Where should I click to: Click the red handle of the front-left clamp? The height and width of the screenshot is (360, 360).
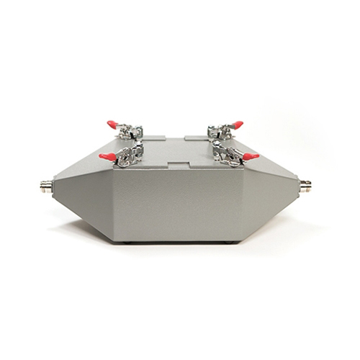(x=107, y=156)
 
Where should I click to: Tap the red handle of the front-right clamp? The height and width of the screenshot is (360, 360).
(x=251, y=156)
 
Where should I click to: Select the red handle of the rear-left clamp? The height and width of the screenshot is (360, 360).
(x=112, y=125)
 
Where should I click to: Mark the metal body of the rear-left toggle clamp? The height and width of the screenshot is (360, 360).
(x=131, y=131)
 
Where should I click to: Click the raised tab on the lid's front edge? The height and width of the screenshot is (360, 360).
(x=178, y=165)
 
